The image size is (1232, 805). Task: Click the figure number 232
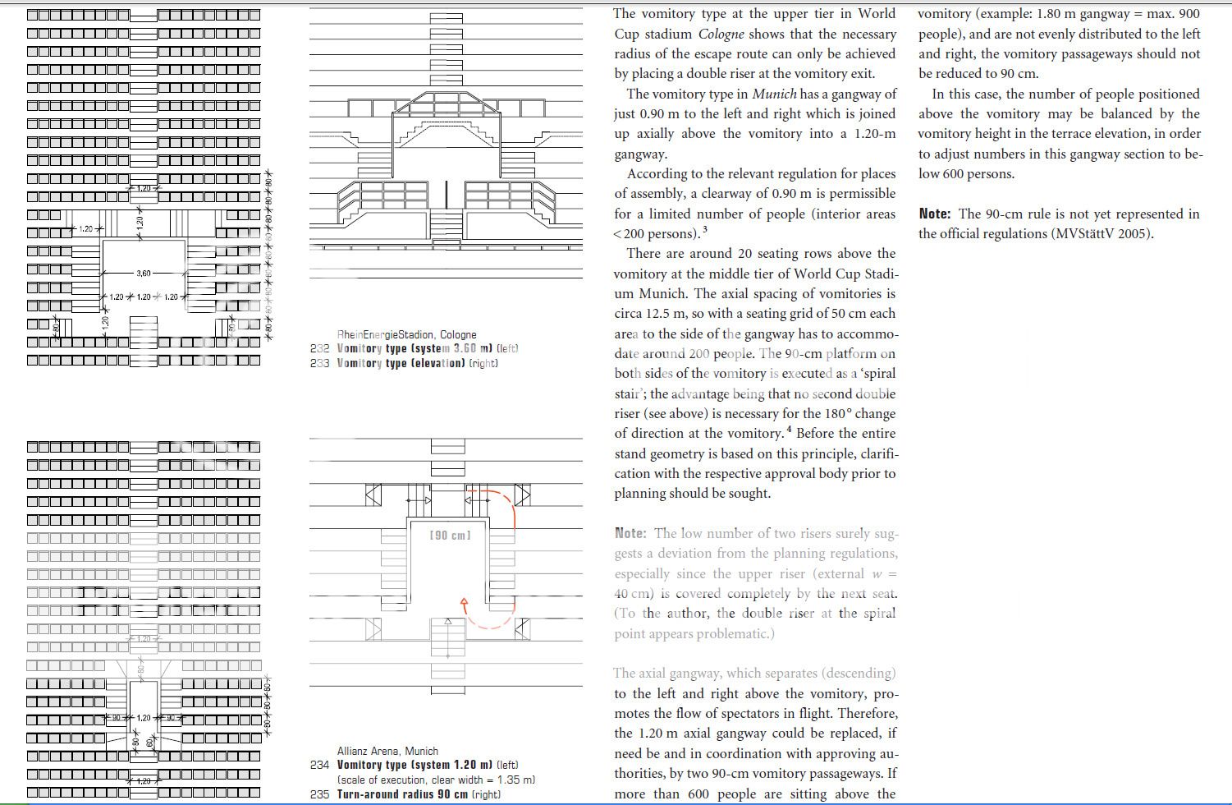(x=319, y=348)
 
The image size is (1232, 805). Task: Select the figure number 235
(x=319, y=794)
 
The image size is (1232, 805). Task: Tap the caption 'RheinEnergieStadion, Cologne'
(x=406, y=334)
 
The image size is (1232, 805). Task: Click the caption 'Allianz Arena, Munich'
(x=387, y=751)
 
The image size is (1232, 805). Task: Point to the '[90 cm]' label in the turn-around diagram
(x=450, y=536)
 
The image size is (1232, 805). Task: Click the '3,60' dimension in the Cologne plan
(x=144, y=274)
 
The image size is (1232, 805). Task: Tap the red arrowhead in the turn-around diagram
(x=464, y=604)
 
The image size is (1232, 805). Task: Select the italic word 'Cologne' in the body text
(x=721, y=34)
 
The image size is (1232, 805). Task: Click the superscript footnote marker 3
(x=704, y=230)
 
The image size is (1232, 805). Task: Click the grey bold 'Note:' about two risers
(x=630, y=533)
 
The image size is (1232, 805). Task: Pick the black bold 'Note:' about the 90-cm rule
(x=935, y=214)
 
